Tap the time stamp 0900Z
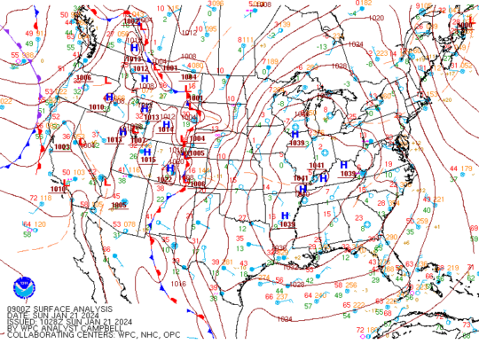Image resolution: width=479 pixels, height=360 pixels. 19,308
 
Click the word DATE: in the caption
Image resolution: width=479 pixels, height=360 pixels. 18,314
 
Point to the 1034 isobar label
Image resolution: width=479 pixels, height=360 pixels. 284,318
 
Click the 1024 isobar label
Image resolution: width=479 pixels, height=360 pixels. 355,43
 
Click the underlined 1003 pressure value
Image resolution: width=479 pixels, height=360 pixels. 61,147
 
